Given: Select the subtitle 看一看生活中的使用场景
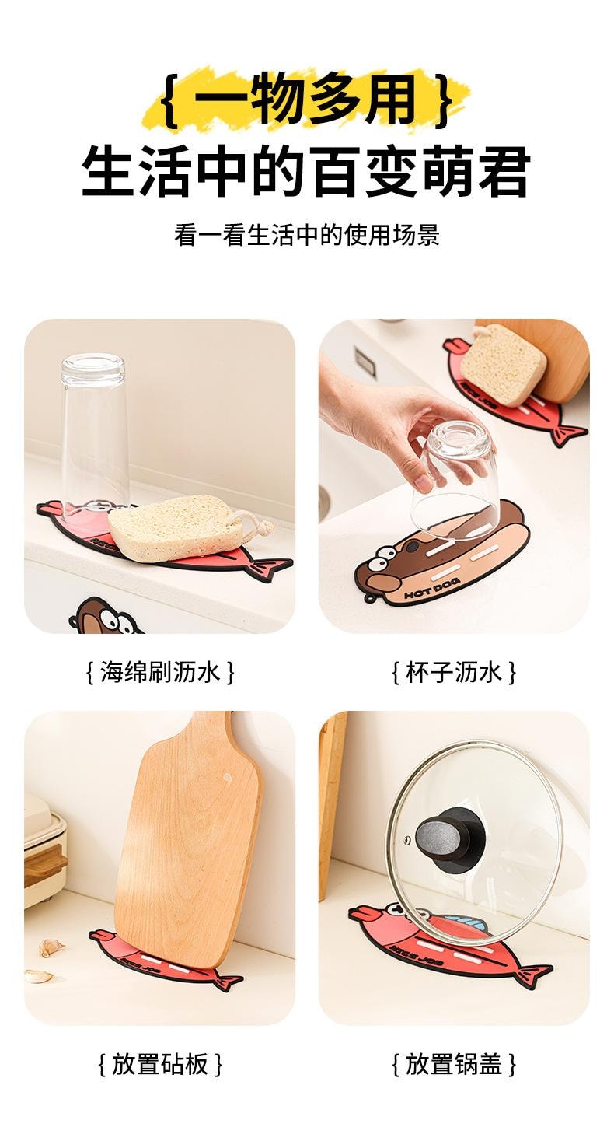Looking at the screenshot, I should (306, 235).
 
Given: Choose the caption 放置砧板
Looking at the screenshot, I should (159, 1064).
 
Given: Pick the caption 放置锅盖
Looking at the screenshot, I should (454, 1064).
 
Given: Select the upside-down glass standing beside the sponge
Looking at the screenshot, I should (94, 436).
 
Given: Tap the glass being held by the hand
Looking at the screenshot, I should (455, 474).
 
